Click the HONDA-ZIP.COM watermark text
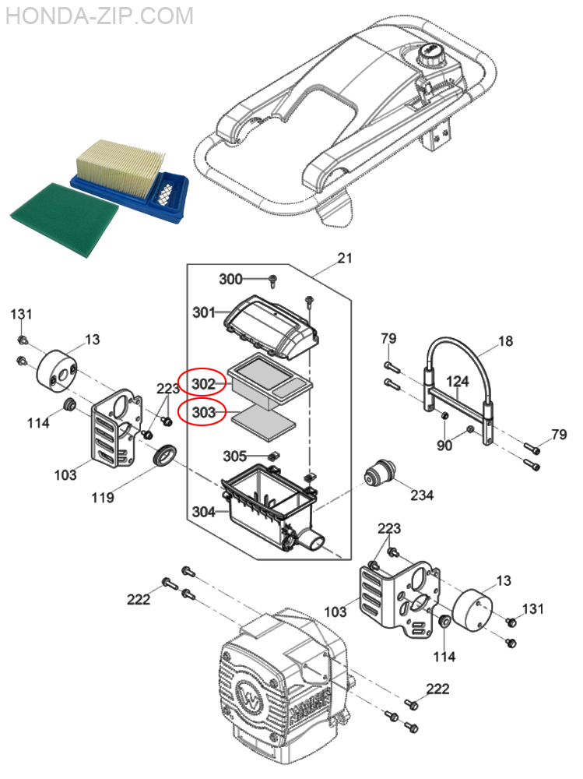click(x=100, y=16)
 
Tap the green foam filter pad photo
click(x=65, y=220)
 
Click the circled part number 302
click(x=203, y=383)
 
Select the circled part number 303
click(x=203, y=412)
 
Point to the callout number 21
click(x=345, y=258)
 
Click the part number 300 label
click(x=231, y=279)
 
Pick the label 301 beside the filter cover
click(x=204, y=312)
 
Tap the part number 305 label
click(x=234, y=456)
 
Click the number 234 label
click(x=422, y=495)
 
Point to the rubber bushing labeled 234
click(x=381, y=474)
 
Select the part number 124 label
click(x=458, y=382)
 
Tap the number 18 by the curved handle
click(x=505, y=341)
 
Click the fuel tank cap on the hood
click(x=430, y=55)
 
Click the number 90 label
click(x=444, y=445)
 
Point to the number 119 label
click(x=103, y=497)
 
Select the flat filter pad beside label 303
click(x=264, y=421)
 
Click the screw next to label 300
click(x=272, y=281)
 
